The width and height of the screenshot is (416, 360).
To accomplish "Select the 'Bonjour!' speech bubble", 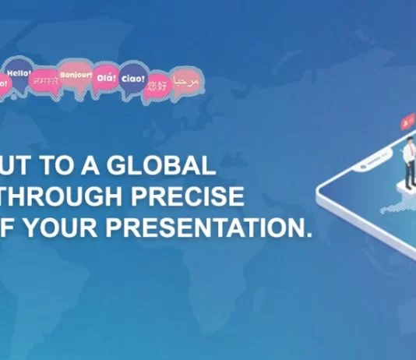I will click(76, 76).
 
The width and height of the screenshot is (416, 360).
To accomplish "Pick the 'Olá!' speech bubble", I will click(107, 78).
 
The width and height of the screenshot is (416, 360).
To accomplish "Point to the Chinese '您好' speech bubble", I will click(157, 84).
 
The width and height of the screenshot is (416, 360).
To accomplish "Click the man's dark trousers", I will click(408, 175).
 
